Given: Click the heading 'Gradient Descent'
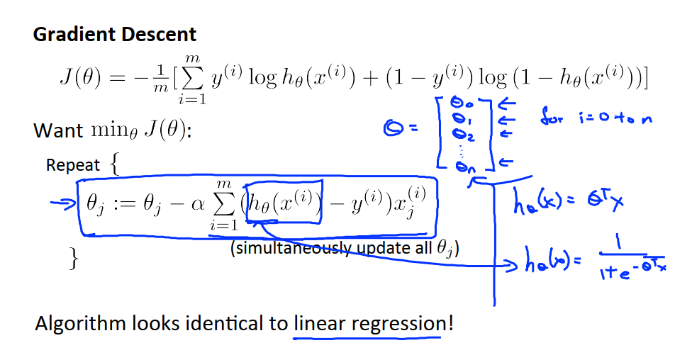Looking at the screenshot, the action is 115,35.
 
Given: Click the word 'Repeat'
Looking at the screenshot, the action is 73,165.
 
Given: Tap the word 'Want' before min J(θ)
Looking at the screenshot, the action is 57,131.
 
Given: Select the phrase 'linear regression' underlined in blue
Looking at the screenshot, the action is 369,324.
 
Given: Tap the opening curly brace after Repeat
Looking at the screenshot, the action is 115,165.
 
